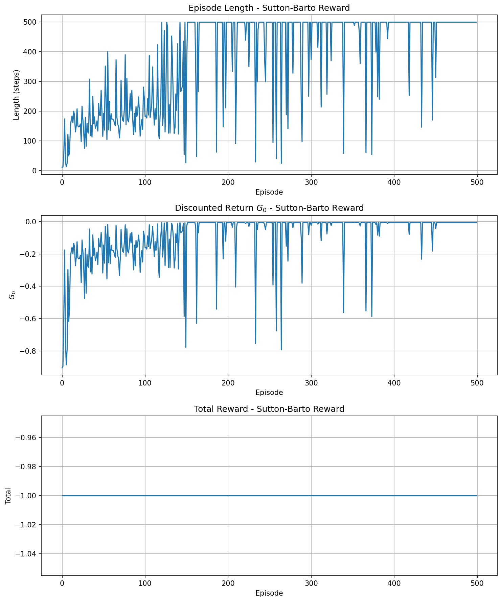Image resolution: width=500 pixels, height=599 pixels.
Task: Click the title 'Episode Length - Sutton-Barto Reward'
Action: [269, 8]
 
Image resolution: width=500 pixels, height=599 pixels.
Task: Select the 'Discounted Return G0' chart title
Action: [269, 208]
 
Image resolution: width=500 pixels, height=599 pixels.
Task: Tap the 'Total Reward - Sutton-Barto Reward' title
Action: [269, 409]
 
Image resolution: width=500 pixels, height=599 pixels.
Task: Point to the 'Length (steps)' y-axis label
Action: [16, 95]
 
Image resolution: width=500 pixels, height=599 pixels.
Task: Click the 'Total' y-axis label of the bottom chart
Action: [8, 496]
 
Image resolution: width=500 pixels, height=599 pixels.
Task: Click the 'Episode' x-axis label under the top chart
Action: [269, 192]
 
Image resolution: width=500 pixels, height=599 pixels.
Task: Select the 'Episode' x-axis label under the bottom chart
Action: [269, 593]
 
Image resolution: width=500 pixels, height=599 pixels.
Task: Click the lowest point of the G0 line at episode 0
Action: [62, 368]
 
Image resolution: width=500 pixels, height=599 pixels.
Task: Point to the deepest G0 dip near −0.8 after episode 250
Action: [281, 350]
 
